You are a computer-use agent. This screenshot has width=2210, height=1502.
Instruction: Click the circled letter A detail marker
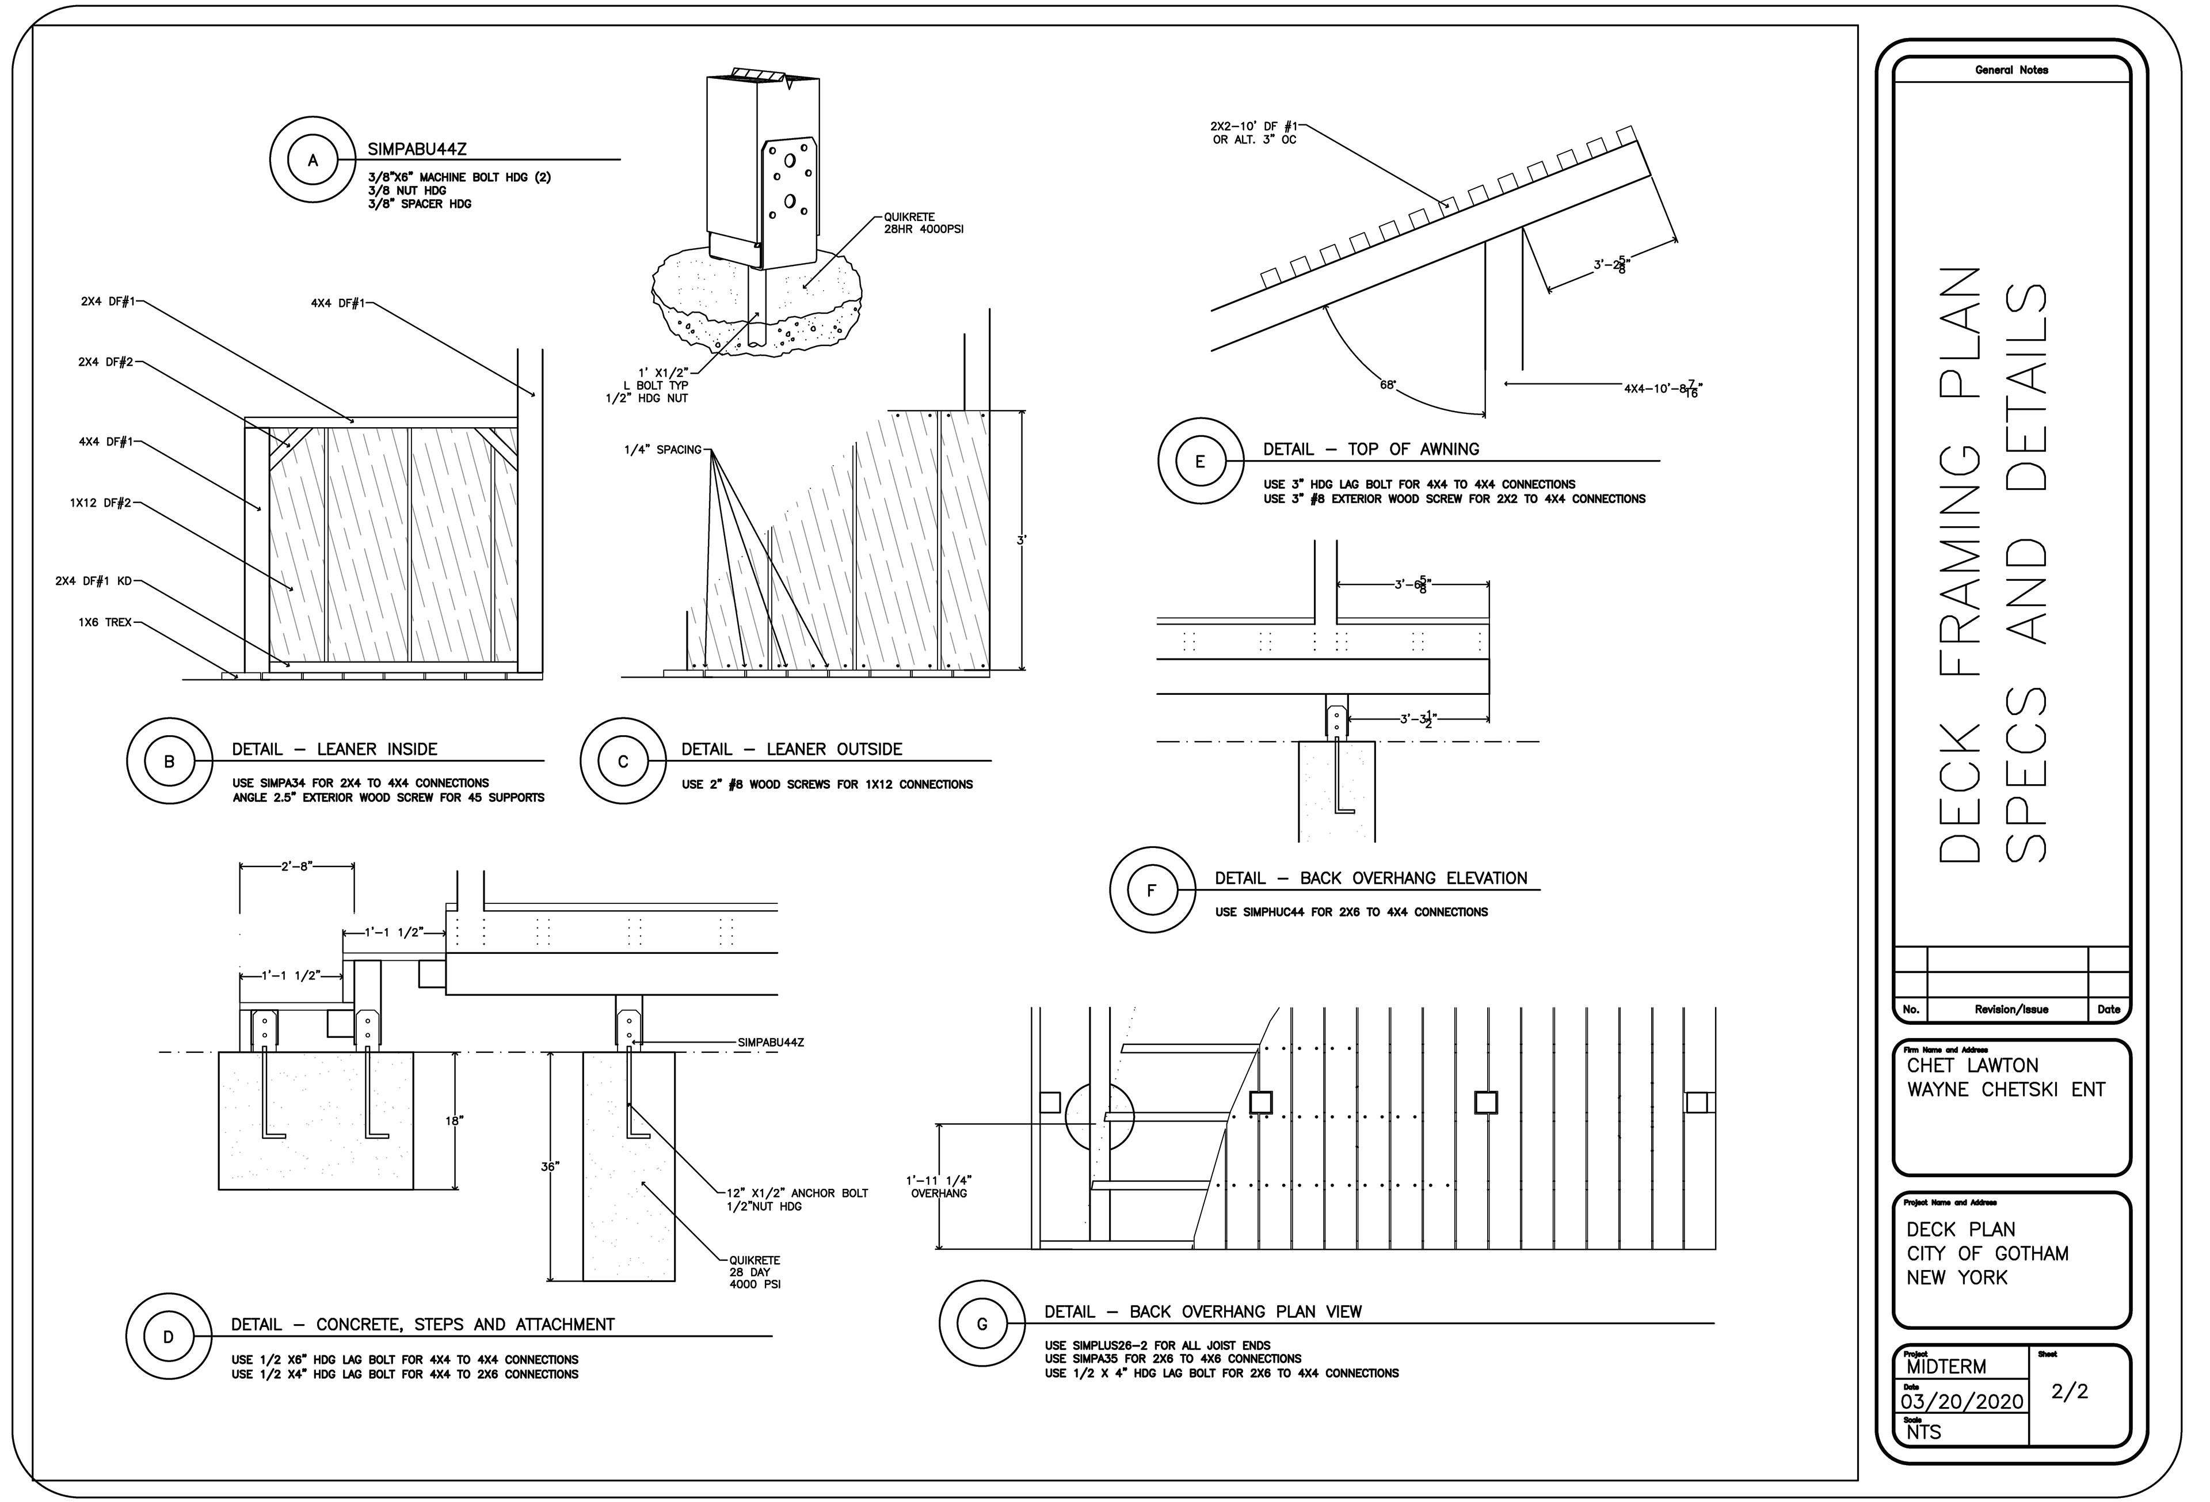(313, 161)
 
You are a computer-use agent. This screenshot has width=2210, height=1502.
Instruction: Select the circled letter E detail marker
(1200, 461)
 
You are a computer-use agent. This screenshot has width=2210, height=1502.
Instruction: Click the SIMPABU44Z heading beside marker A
(417, 149)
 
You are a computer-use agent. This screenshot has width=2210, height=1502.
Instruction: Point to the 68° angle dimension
(1388, 385)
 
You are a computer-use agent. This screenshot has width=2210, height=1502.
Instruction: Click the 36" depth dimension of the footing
(548, 1166)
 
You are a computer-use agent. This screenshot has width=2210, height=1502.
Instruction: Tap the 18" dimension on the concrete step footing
(454, 1121)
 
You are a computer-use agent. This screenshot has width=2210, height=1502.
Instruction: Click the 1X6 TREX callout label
(105, 623)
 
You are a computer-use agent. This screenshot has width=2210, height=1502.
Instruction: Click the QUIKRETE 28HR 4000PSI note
(923, 223)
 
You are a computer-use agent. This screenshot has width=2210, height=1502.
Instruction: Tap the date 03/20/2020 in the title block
(1962, 1402)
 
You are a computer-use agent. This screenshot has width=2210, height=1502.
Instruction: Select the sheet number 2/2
(2069, 1391)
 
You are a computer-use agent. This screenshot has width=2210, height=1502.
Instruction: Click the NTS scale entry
(1924, 1432)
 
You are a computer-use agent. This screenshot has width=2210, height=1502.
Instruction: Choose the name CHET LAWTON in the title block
(1972, 1066)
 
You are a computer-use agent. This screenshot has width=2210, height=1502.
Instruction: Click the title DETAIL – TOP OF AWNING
(1371, 449)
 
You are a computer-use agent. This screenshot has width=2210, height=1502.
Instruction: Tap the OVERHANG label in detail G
(939, 1193)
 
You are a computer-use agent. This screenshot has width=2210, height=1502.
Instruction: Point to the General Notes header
(2012, 70)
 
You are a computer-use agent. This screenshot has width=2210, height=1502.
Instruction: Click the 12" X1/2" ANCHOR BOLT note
(797, 1193)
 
